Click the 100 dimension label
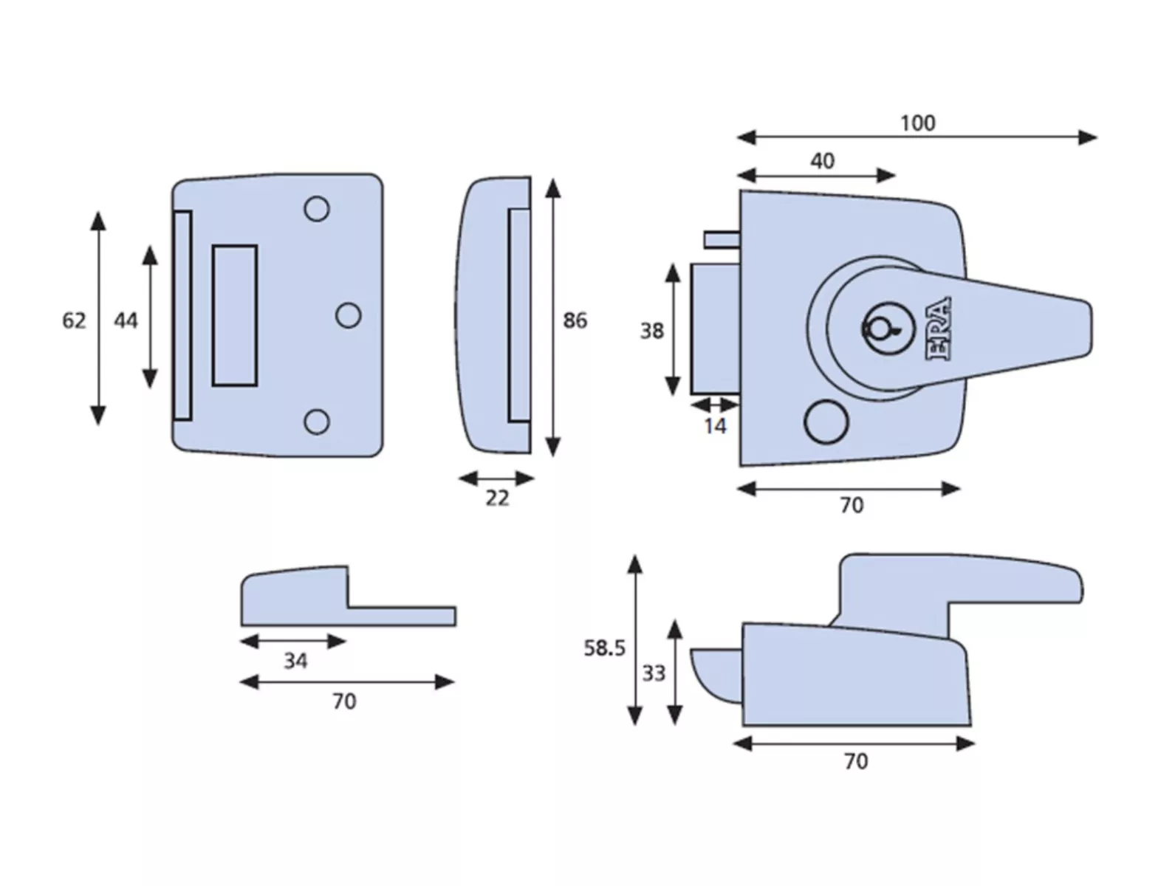point(917,123)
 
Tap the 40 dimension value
point(822,161)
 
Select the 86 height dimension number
point(575,320)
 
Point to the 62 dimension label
point(74,320)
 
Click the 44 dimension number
point(126,320)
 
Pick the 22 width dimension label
point(497,498)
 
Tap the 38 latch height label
point(651,331)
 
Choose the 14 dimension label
point(715,426)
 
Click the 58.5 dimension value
point(604,648)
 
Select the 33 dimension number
point(654,673)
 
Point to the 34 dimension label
point(295,661)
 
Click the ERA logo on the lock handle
point(939,329)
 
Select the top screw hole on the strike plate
point(317,210)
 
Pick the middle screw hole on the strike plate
point(349,315)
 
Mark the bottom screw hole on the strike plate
point(317,422)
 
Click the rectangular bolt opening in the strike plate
point(235,315)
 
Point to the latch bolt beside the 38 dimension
point(715,329)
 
